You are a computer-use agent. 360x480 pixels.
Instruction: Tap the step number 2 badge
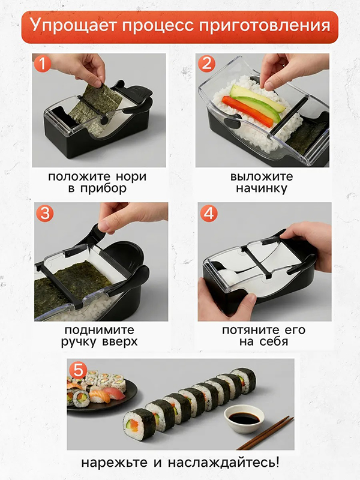(206, 64)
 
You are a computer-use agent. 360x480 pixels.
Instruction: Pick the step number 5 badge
(76, 368)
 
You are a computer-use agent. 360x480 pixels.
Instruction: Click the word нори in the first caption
(131, 177)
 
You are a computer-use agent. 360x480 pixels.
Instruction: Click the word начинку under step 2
(262, 188)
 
